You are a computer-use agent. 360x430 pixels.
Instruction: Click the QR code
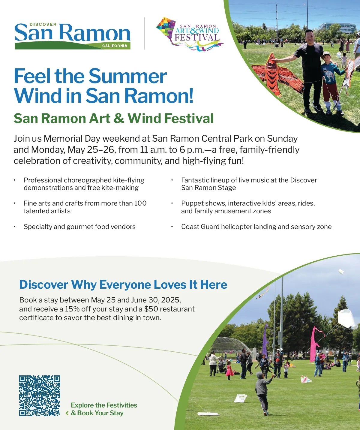tap(40, 395)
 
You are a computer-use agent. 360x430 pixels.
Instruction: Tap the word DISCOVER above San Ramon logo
tap(43, 24)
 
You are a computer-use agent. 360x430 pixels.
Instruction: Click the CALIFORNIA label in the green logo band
tap(115, 46)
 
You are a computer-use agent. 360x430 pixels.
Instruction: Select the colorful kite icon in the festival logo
tap(166, 27)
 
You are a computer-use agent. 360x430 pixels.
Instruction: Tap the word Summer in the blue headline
tap(127, 76)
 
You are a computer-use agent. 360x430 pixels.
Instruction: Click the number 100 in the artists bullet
tap(140, 203)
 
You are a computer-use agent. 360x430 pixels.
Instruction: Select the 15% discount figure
tap(72, 309)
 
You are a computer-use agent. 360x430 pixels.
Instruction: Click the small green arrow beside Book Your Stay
tap(67, 413)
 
